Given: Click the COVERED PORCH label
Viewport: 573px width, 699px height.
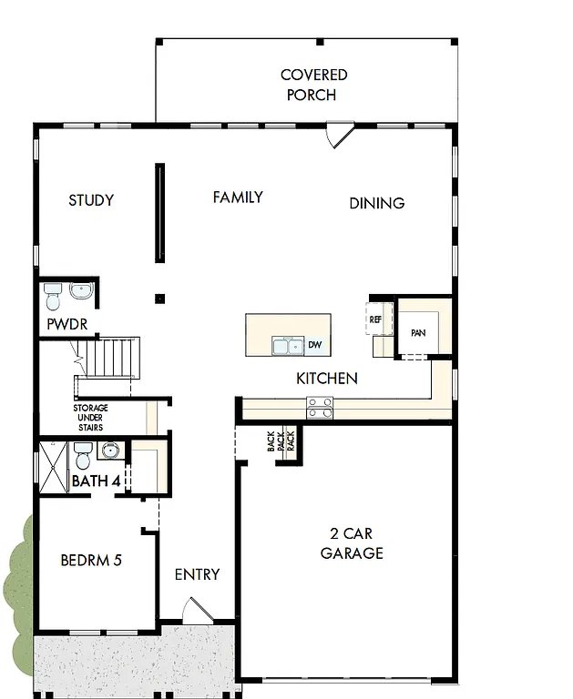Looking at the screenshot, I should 313,85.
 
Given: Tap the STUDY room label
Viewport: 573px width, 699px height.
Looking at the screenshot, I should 91,200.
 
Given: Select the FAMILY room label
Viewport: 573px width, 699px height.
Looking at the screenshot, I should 238,197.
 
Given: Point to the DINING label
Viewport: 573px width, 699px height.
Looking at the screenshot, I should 376,203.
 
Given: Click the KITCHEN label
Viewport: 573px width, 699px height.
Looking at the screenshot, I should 326,378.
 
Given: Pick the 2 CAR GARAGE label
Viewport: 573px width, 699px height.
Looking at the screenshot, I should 352,543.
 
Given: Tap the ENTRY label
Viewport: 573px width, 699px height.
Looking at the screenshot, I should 197,574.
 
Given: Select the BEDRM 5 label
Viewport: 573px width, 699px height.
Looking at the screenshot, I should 91,560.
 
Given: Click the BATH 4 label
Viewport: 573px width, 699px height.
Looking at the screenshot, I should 96,481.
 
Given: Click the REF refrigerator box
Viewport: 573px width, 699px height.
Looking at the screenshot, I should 375,319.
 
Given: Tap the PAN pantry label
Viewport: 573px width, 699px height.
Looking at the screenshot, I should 418,333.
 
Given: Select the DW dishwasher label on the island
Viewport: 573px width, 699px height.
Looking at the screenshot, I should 314,345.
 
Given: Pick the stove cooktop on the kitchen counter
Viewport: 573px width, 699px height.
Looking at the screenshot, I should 320,408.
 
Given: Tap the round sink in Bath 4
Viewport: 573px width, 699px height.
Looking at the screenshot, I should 111,451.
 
